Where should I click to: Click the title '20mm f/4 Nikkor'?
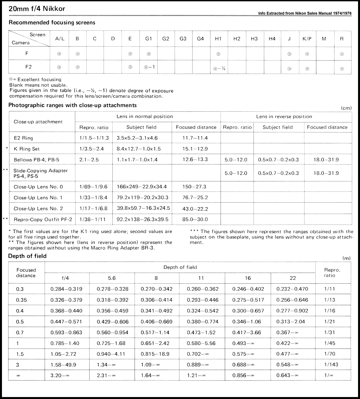[x=37, y=9]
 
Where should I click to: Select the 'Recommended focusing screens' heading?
[x=52, y=22]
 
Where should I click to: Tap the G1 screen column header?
[x=149, y=38]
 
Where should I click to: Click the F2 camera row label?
[x=29, y=67]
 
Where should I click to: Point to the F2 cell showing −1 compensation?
[x=149, y=67]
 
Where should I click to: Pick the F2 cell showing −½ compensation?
[x=218, y=68]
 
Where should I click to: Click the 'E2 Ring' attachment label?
[x=23, y=138]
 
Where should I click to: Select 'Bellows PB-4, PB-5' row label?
[x=36, y=160]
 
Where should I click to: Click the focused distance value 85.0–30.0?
[x=195, y=219]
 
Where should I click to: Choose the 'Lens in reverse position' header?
[x=284, y=117]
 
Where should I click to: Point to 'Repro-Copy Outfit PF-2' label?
[x=43, y=219]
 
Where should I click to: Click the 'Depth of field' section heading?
[x=27, y=256]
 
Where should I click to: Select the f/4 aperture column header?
[x=65, y=278]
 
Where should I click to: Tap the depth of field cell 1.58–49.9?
[x=64, y=365]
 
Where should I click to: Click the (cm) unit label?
[x=346, y=108]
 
